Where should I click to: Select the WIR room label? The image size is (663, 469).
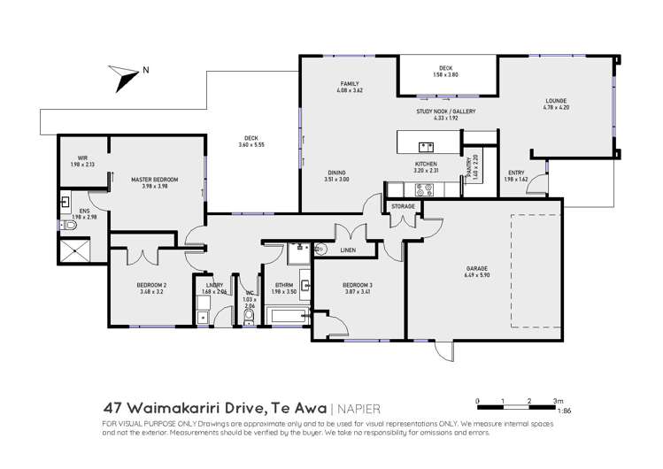82,158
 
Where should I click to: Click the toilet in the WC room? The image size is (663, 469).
249,315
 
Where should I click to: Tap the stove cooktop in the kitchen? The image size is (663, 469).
421,188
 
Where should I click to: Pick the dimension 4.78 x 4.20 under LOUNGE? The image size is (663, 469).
556,114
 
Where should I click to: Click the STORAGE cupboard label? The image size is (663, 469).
403,206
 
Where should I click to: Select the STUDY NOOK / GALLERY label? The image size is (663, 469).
446,111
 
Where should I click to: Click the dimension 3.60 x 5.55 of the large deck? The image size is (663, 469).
251,144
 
